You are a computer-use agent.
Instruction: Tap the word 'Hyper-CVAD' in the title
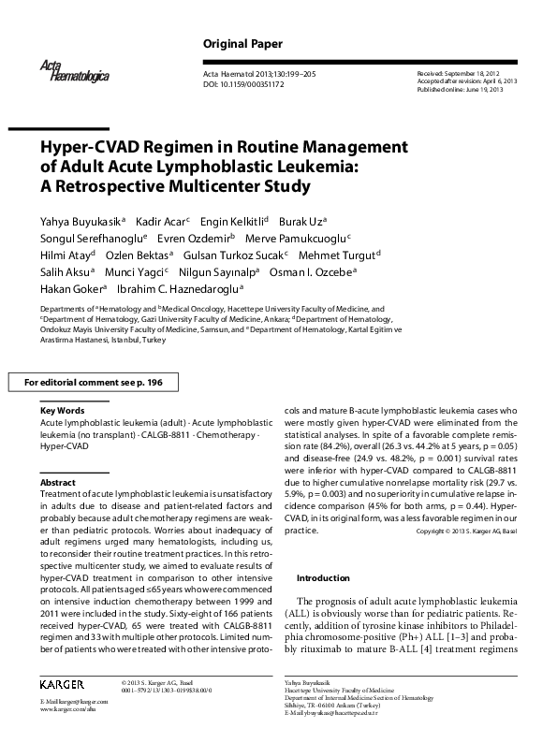pos(85,147)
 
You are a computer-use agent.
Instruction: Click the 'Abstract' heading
pos(58,482)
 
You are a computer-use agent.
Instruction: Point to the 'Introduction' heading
pos(330,577)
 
